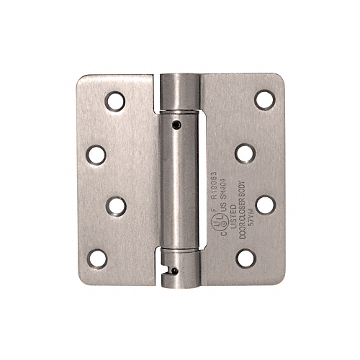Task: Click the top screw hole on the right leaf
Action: [x=264, y=99]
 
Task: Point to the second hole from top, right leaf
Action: [x=246, y=153]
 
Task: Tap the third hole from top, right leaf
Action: [x=264, y=204]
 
